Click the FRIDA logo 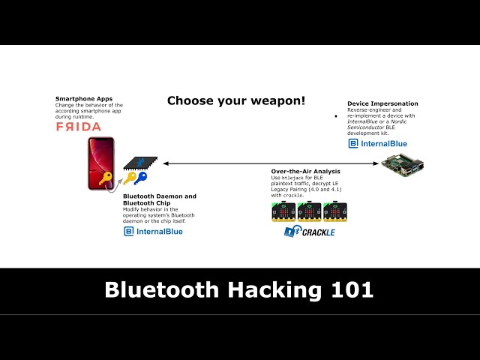(x=78, y=127)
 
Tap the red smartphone (x=100, y=163)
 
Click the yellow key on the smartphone (x=106, y=178)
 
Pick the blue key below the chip (x=141, y=178)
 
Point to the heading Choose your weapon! (x=236, y=100)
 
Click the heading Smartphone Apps (x=79, y=99)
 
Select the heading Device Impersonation (x=382, y=103)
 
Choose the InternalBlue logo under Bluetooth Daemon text (x=153, y=232)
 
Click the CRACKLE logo (x=309, y=232)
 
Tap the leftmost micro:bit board (x=283, y=212)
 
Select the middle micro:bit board (x=309, y=212)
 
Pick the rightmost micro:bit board (x=334, y=212)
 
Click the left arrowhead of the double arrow (x=165, y=163)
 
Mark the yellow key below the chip (x=129, y=178)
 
